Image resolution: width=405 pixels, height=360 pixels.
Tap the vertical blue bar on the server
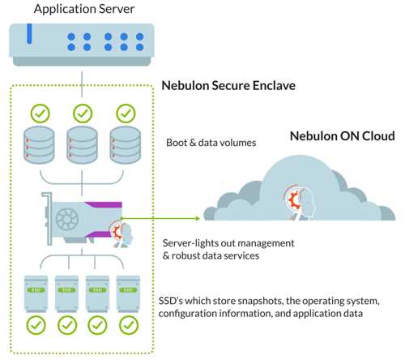[x=30, y=36]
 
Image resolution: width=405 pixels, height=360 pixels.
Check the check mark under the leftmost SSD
[x=37, y=328]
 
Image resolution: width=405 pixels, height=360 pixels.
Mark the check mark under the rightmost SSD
[x=127, y=328]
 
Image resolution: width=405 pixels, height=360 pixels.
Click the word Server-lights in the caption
[x=191, y=242]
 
